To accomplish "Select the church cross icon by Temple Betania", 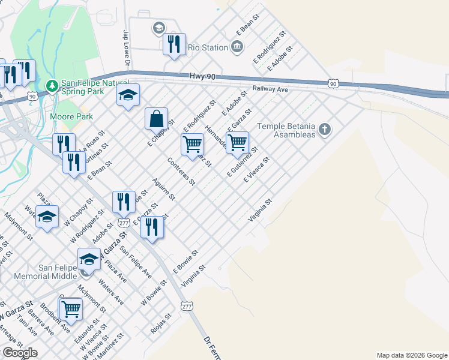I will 325,130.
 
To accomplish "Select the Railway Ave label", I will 270,89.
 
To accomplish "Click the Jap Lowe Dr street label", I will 127,47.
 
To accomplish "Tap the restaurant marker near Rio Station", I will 174,44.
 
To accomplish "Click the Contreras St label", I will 182,171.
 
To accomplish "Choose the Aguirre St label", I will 163,189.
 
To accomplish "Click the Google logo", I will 19,353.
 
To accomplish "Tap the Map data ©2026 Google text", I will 411,355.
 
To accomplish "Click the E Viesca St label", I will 257,170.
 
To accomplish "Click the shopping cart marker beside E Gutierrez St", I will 238,142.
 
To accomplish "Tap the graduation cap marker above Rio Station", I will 158,28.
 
